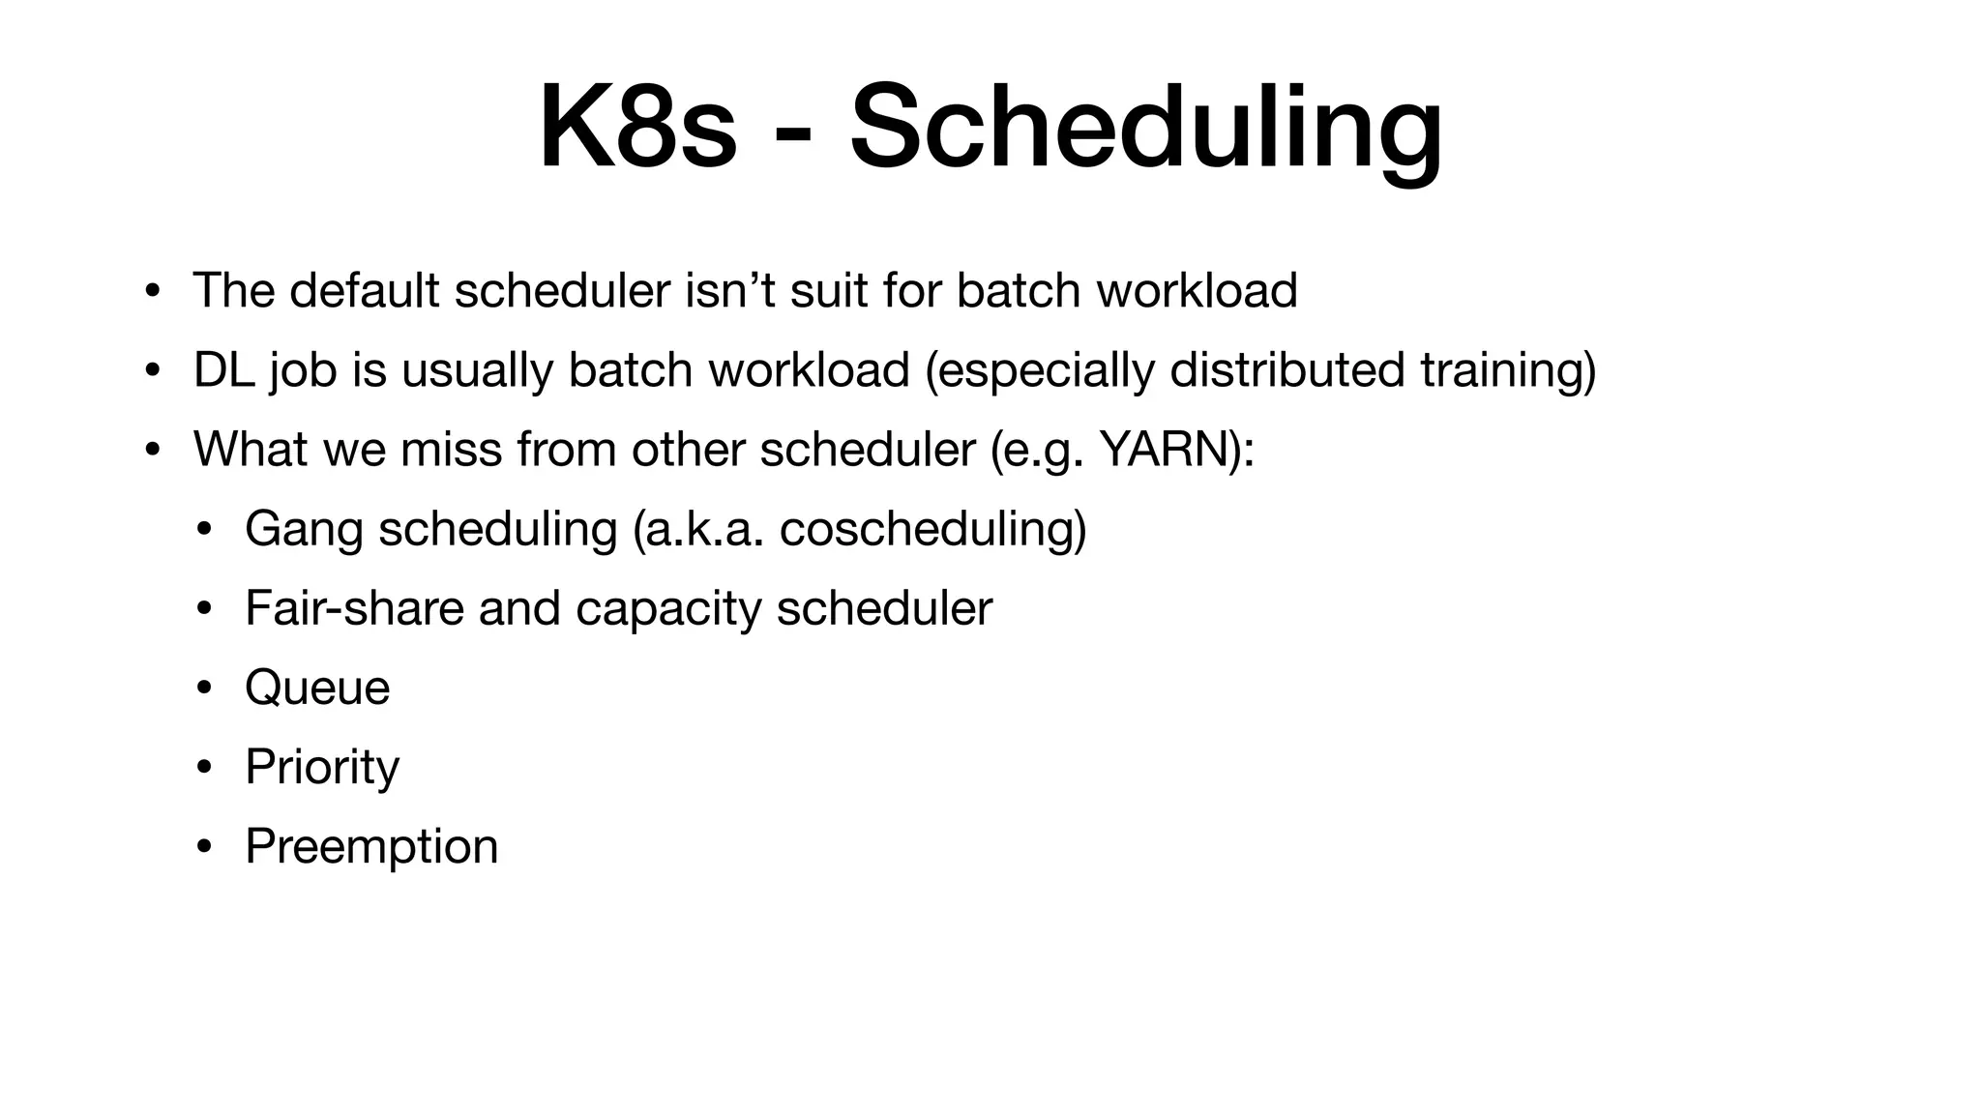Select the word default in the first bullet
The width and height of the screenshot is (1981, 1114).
click(x=365, y=290)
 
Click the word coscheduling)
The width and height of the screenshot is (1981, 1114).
click(x=932, y=529)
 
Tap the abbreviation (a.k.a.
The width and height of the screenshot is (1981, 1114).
click(x=697, y=529)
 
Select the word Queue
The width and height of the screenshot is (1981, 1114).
click(x=317, y=689)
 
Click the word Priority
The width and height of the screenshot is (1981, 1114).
click(x=321, y=768)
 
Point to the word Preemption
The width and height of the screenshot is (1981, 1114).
click(x=371, y=847)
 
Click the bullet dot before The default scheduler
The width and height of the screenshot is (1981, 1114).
click(x=152, y=291)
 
